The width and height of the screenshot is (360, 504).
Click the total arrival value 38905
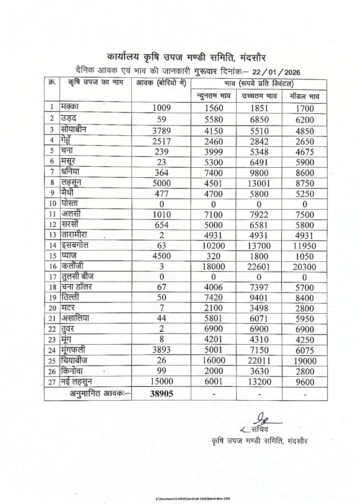pos(162,394)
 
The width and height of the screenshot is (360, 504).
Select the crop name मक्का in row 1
pos(70,107)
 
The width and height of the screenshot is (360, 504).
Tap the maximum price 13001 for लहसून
pos(259,183)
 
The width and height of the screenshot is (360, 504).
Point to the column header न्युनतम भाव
pos(214,96)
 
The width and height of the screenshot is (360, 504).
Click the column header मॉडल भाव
pos(305,96)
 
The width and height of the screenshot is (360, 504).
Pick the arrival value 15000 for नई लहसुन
pos(162,381)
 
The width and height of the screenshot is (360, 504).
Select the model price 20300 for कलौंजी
pos(304,267)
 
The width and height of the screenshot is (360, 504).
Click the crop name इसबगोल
pos(75,245)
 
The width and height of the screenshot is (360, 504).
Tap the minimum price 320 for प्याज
pos(214,256)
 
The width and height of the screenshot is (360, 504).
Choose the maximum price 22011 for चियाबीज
pos(259,360)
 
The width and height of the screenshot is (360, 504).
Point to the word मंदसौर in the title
pos(253,58)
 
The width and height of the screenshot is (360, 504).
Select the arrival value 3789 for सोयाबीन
pos(162,131)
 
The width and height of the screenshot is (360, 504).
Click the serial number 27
pos(52,382)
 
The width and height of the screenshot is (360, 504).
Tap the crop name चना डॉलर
pos(77,287)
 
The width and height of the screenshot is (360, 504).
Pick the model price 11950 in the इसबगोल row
pos(304,246)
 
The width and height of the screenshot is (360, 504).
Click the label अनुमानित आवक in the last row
pos(100,394)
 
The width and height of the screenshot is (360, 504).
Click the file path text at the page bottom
pos(193,498)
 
